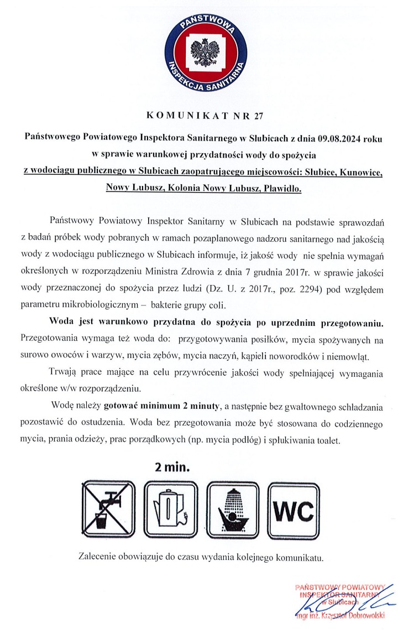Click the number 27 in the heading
pyautogui.click(x=259, y=116)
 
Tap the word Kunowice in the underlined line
pyautogui.click(x=359, y=172)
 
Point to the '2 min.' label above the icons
pyautogui.click(x=173, y=467)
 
